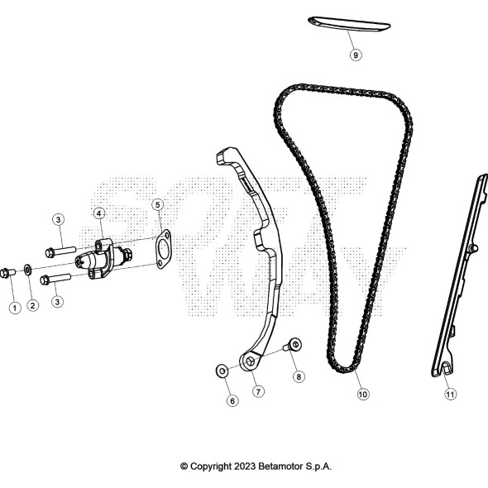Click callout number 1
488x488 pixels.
tap(15, 309)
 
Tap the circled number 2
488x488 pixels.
tap(33, 305)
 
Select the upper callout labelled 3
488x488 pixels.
tap(58, 220)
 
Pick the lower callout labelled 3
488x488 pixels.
tap(57, 302)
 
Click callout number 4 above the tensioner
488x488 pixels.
tap(99, 214)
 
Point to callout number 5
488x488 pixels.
tap(157, 205)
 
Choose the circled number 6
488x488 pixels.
tap(232, 401)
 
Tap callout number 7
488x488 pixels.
tap(258, 391)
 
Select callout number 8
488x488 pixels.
tap(299, 377)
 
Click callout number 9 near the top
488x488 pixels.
tap(356, 55)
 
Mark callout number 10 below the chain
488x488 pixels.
tap(363, 395)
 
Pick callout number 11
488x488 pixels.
tap(450, 395)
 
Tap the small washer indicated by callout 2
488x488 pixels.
tap(27, 270)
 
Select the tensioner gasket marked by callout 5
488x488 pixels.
tap(163, 249)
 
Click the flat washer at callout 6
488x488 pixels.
tap(222, 371)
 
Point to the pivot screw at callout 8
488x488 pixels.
tap(293, 345)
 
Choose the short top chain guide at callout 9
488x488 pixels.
tap(349, 24)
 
